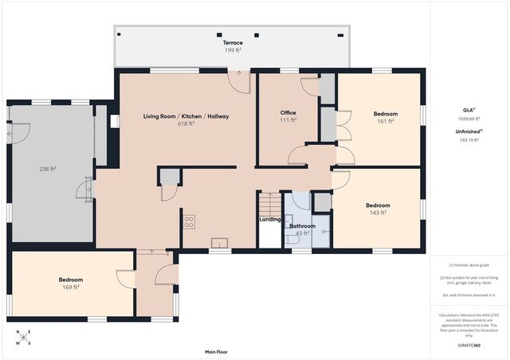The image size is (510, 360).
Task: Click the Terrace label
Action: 233,42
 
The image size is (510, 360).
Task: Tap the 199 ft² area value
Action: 233,50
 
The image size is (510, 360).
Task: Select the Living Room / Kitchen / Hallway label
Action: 186,116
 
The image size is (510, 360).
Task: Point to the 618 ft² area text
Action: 186,124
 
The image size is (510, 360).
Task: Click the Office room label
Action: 288,113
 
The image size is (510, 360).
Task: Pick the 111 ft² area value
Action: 288,121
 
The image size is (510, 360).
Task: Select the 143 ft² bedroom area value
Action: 379,213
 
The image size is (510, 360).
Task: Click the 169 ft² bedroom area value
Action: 70,288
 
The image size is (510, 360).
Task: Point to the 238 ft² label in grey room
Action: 49,169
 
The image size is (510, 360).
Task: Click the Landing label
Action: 269,220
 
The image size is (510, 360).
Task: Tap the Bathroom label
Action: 303,226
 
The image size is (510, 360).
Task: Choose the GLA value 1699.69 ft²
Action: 469,119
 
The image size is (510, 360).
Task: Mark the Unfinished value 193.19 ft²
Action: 469,139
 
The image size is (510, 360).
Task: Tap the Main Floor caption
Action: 217,350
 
